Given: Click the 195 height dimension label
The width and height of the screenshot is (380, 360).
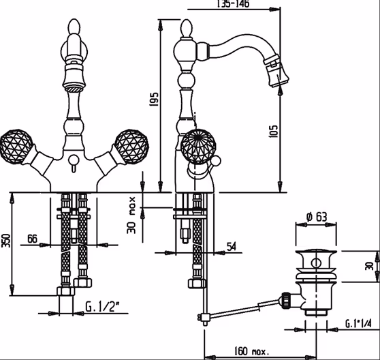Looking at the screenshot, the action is (x=154, y=100).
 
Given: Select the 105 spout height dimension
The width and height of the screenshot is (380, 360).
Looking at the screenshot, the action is (x=273, y=131).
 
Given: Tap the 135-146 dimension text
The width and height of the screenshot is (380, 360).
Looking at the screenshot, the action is (x=233, y=3).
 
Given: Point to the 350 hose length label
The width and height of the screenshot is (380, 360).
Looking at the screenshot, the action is (x=6, y=241).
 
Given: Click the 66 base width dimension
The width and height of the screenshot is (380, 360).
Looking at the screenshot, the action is (x=32, y=239).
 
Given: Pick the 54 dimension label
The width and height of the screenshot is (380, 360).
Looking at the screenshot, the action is (x=231, y=247).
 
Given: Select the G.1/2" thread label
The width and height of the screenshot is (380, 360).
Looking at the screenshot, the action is (x=103, y=307).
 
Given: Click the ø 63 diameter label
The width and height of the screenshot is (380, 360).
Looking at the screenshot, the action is (x=317, y=217).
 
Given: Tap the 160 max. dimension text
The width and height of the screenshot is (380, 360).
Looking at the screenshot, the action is (x=251, y=350).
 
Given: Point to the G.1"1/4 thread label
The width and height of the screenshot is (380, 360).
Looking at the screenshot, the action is (x=358, y=323).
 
